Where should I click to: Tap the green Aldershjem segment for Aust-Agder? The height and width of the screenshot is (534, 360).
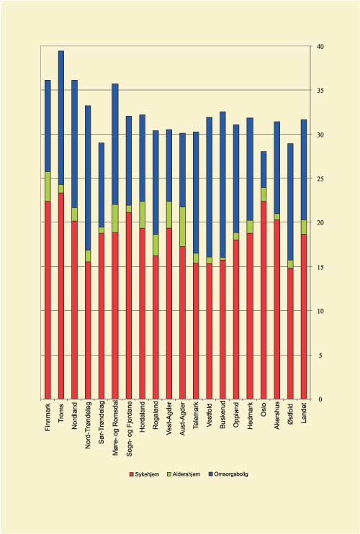pyautogui.click(x=183, y=227)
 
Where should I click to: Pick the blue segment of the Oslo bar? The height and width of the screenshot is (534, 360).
pyautogui.click(x=264, y=169)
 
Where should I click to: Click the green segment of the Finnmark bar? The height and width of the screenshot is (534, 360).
pyautogui.click(x=48, y=186)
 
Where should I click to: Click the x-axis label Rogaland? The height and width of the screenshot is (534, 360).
pyautogui.click(x=156, y=420)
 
